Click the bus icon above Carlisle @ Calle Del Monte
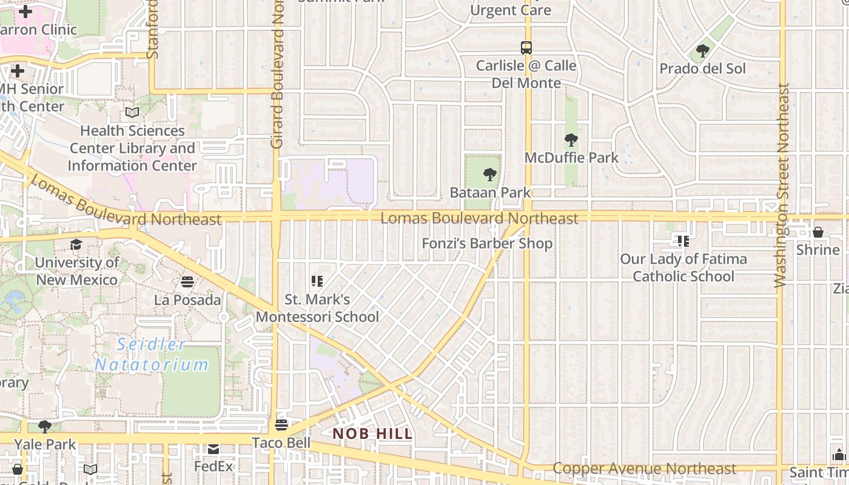526,48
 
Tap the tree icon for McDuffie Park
571,141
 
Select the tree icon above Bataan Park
489,175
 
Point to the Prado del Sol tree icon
703,52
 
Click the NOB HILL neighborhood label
372,433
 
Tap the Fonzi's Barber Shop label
488,244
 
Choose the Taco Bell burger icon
281,424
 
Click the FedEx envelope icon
213,449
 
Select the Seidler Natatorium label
152,355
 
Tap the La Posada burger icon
187,282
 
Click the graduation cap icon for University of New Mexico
76,245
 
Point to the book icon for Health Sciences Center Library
132,112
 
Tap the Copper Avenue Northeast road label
645,469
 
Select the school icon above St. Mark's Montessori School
317,281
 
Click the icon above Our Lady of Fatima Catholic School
683,241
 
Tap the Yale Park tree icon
45,427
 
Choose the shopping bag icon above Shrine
817,232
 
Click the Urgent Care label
511,10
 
